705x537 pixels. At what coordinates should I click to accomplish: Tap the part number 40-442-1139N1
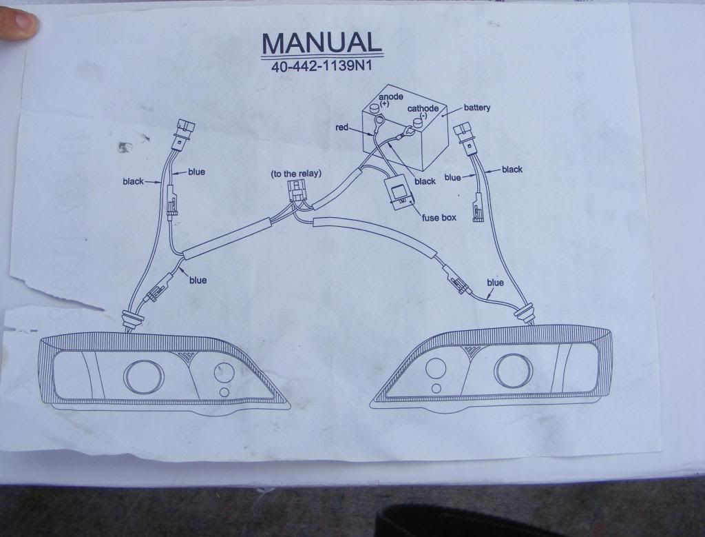coord(322,68)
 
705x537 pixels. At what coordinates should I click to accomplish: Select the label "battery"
coord(476,108)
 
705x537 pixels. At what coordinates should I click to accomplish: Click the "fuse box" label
coord(439,218)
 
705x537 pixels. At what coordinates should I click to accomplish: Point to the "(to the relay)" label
coord(296,174)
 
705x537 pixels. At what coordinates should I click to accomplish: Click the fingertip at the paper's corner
coord(17,25)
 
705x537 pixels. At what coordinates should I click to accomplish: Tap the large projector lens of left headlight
coord(144,374)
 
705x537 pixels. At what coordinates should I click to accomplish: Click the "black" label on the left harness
coord(133,182)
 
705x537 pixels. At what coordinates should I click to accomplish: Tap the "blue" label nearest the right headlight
coord(495,283)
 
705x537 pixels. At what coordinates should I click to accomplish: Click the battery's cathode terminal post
coord(417,123)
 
